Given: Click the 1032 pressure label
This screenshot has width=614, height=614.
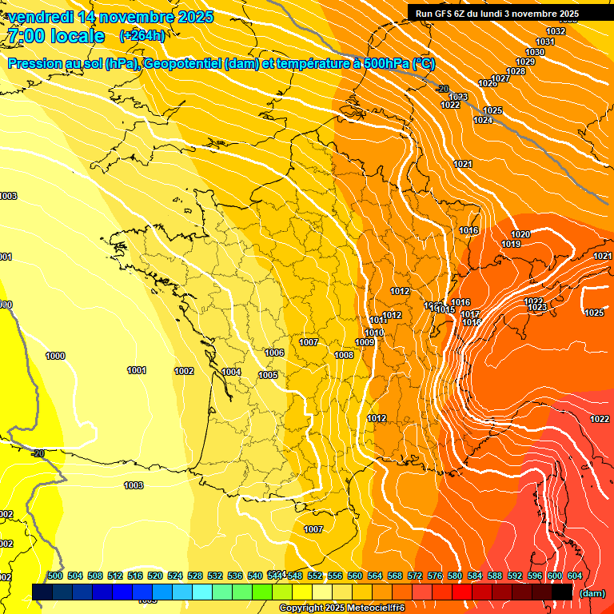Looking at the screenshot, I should point(556,32).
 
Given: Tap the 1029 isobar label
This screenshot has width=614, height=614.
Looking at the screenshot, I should point(525,62).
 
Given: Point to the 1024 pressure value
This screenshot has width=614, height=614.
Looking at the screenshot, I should point(483,120).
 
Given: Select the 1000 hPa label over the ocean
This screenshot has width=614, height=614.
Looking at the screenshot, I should point(56,356).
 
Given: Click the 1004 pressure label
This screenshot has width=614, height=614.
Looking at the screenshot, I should point(232,372).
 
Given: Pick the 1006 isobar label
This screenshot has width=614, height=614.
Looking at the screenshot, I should point(274,353).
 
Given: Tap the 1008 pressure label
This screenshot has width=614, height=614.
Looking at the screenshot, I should point(344,355).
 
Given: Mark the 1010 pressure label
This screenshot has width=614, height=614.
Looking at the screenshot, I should point(374,333).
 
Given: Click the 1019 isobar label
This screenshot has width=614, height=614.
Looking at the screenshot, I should point(512,244).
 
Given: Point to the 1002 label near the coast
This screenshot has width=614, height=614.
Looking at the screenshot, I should point(184,371).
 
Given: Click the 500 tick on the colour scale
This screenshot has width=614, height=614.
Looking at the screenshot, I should point(55,576).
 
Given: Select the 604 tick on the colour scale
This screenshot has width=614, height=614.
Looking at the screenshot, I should point(575,576).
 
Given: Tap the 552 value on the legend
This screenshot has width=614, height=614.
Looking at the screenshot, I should point(315,576).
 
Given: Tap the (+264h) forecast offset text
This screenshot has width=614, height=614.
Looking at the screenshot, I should point(142,35).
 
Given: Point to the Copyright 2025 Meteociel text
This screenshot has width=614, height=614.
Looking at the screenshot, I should point(342,608).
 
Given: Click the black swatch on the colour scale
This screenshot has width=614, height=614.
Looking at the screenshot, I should point(562,592).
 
